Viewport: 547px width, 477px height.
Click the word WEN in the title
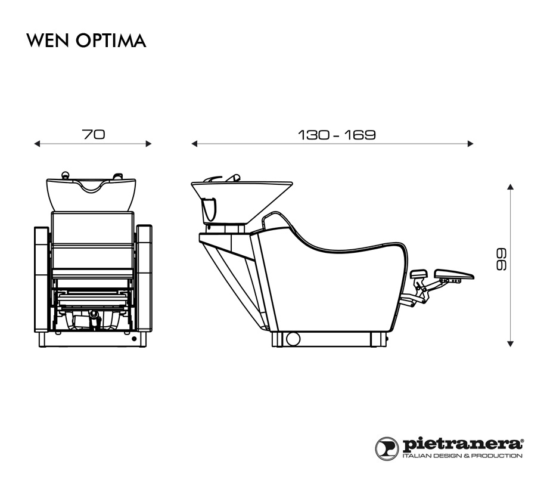click(48, 41)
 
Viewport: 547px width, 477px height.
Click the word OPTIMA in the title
click(111, 41)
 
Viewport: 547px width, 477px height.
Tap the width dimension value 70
click(93, 134)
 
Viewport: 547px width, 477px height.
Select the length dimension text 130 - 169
click(337, 135)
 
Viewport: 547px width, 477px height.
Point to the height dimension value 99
click(501, 259)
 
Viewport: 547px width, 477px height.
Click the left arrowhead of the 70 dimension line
click(37, 144)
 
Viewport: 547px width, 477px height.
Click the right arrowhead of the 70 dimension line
click(148, 144)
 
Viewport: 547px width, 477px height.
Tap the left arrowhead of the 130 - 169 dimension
click(194, 144)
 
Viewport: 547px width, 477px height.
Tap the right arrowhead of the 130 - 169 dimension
click(470, 144)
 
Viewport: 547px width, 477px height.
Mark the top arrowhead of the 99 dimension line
click(511, 187)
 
